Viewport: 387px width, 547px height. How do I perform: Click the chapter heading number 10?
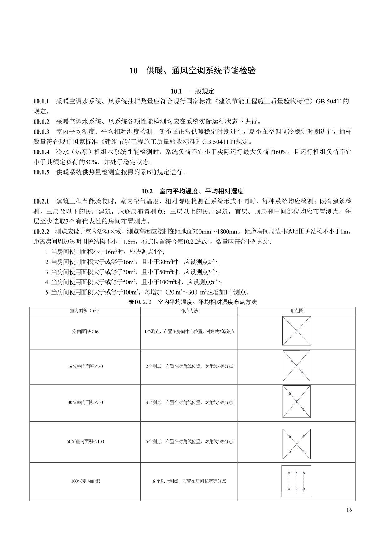click(x=133, y=71)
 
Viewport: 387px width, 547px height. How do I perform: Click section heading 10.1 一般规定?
click(x=192, y=91)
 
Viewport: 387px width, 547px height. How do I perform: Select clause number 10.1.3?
click(x=41, y=132)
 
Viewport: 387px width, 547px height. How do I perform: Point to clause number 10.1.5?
click(x=41, y=172)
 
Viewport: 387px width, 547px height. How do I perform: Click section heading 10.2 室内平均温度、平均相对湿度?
click(x=192, y=191)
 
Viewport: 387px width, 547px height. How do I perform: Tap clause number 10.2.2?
click(x=41, y=232)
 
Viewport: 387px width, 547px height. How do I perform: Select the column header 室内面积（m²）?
click(x=85, y=311)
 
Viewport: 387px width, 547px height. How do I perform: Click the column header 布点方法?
click(x=189, y=311)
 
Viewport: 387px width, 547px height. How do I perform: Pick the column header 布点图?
click(x=296, y=311)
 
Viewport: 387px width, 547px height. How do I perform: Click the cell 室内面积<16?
click(x=85, y=332)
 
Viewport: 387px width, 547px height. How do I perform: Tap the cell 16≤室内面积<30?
click(x=85, y=366)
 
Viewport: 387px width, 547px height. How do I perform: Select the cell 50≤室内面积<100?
click(x=85, y=441)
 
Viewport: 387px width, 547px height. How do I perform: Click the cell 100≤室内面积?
click(x=85, y=481)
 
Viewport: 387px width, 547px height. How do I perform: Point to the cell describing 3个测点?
click(x=189, y=402)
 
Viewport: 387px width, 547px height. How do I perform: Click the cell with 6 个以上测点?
click(x=189, y=481)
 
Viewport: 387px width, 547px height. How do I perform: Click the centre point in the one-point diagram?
click(x=296, y=331)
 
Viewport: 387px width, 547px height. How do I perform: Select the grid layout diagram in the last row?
click(x=296, y=481)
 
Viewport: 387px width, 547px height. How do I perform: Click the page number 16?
click(x=349, y=510)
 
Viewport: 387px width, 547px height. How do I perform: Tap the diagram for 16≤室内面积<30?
click(x=296, y=366)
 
